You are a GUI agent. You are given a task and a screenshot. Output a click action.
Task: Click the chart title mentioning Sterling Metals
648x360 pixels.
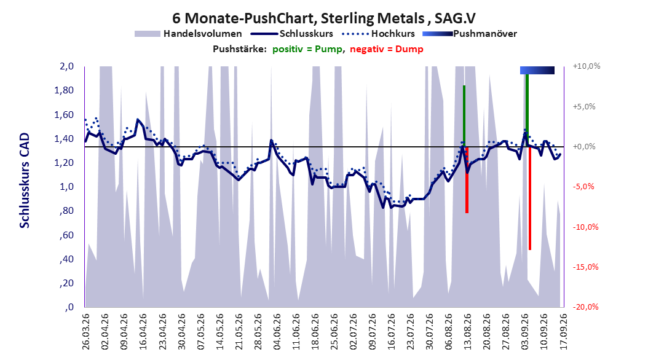[x=323, y=18]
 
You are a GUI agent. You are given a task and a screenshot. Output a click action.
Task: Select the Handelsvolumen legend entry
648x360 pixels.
[x=189, y=34]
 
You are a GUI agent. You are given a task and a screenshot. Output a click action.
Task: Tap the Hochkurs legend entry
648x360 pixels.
[x=378, y=34]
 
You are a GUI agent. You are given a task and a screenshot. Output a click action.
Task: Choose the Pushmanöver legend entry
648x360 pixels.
[x=470, y=34]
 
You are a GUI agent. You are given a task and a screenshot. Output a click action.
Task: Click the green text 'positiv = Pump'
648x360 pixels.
[x=307, y=49]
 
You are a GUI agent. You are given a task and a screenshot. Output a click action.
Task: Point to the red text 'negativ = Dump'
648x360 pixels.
[x=387, y=49]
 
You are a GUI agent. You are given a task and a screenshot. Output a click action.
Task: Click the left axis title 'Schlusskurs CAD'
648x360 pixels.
[x=25, y=181]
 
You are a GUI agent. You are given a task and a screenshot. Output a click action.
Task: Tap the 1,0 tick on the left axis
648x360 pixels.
[x=66, y=187]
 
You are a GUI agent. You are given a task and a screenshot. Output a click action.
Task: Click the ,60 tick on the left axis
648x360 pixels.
[x=66, y=235]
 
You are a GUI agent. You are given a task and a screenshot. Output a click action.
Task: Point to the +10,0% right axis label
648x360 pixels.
[x=587, y=66]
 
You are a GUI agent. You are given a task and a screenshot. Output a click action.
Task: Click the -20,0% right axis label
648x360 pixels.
[x=586, y=307]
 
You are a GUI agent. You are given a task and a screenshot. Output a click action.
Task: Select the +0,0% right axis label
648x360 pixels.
[x=584, y=147]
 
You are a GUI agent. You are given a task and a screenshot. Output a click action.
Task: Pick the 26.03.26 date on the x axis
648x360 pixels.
[x=86, y=332]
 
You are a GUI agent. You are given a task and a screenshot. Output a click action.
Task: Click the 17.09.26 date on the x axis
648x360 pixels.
[x=563, y=332]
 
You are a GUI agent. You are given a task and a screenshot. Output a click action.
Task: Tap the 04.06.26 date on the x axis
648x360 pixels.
[x=277, y=332]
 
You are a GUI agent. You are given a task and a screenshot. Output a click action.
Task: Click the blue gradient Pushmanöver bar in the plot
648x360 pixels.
[x=537, y=70]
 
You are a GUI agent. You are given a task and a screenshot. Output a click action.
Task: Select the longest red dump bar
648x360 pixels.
[x=530, y=198]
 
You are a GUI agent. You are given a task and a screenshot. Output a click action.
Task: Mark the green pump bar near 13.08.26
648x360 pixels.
[x=464, y=116]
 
